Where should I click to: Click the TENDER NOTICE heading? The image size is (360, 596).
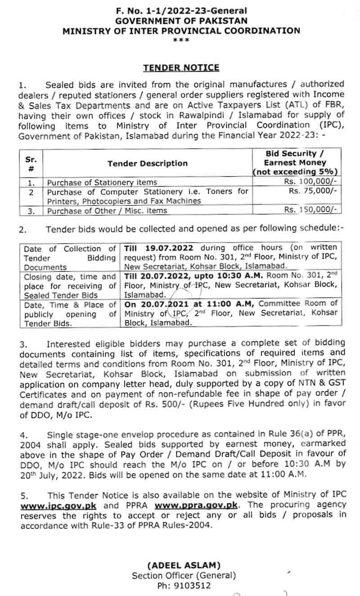click(181, 68)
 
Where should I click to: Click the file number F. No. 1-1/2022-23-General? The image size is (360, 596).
click(181, 10)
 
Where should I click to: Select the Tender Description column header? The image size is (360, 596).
click(148, 163)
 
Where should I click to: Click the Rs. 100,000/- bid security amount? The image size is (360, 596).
click(310, 182)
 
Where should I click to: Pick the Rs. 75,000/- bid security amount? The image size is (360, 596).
click(313, 191)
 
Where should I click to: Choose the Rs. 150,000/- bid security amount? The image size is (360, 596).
click(310, 210)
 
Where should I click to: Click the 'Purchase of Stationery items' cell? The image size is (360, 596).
click(102, 182)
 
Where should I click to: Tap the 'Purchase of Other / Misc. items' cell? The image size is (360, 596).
click(107, 211)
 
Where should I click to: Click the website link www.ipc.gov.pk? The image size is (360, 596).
click(58, 505)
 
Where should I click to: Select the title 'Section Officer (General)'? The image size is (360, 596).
click(184, 576)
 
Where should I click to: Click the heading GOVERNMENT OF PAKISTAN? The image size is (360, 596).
click(181, 21)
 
